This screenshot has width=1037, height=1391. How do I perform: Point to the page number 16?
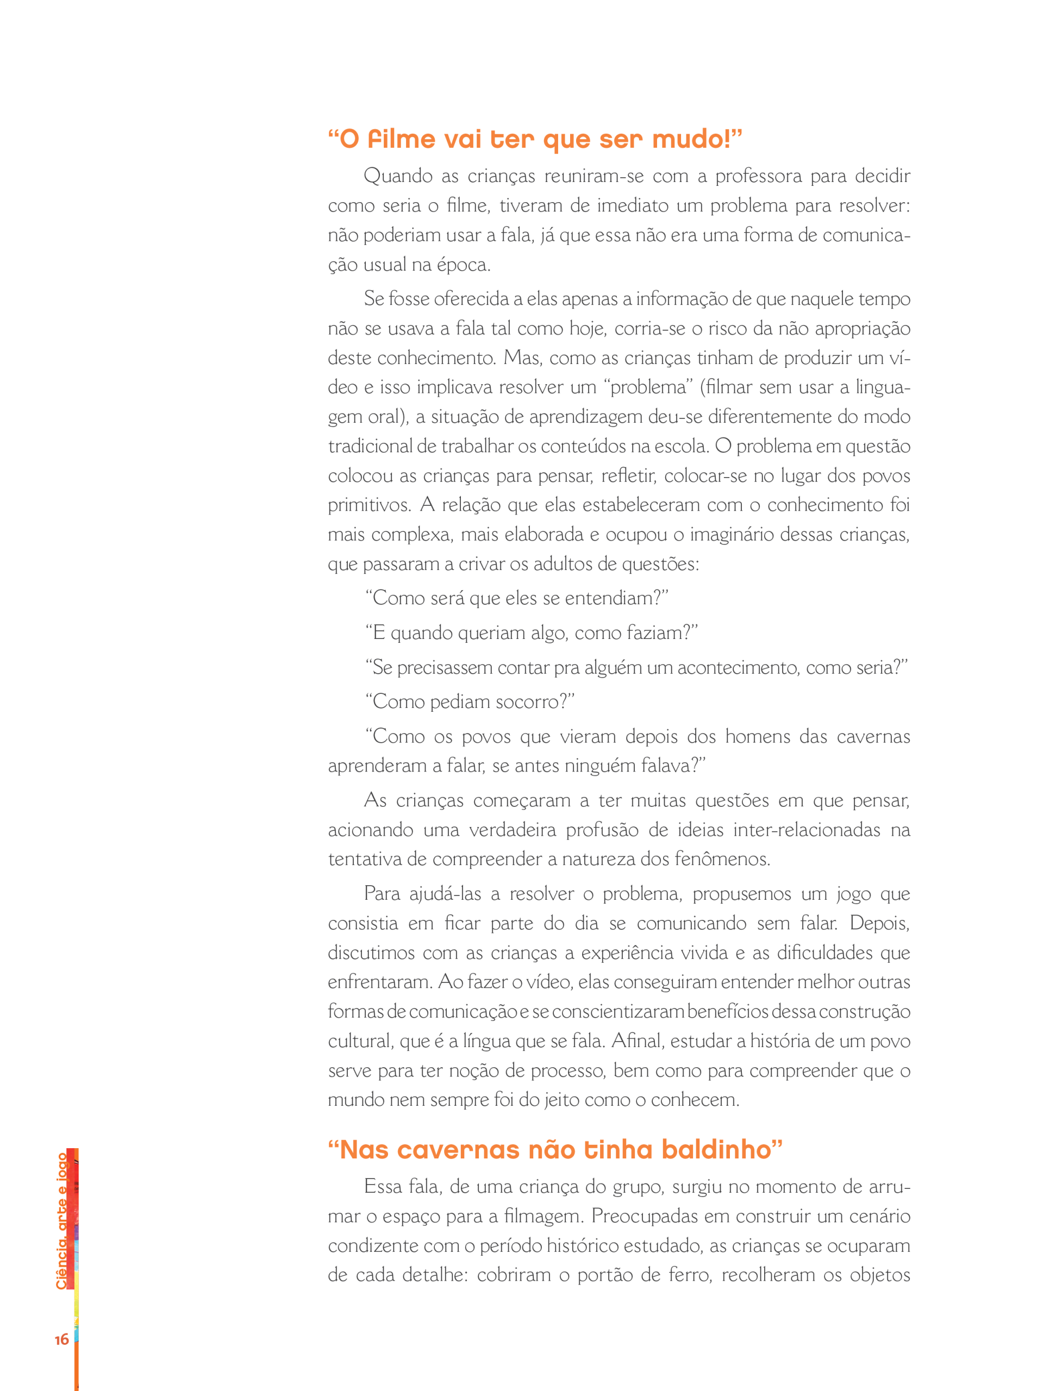(61, 1339)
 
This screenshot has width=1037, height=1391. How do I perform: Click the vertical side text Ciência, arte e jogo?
(61, 1221)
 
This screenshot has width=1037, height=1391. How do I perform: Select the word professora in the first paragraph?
(758, 176)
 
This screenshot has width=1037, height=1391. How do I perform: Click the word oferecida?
(471, 299)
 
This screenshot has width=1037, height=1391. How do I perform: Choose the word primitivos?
(368, 506)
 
